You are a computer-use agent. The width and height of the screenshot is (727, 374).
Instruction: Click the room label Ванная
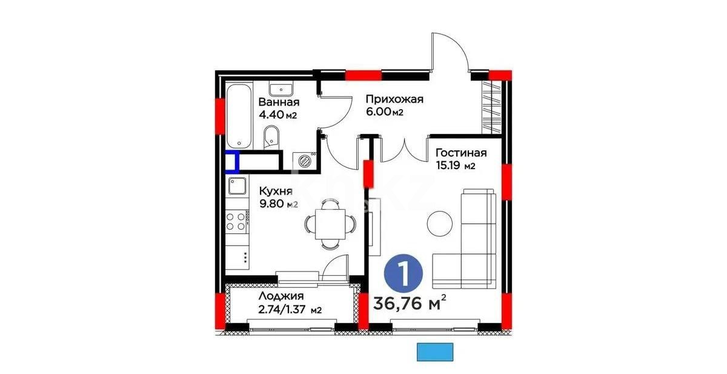[278, 102]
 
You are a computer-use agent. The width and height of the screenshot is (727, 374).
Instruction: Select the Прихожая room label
[394, 99]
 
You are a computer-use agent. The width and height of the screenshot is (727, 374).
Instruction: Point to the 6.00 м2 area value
[384, 113]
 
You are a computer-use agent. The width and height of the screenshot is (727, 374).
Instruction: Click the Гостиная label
[460, 153]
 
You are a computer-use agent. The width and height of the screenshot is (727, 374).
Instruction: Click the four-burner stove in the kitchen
[237, 221]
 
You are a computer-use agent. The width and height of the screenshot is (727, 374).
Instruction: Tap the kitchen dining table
[330, 224]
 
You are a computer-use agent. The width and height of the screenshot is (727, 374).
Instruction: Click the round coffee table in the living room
[440, 224]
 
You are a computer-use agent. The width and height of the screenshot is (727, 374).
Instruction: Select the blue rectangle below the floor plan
[435, 352]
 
